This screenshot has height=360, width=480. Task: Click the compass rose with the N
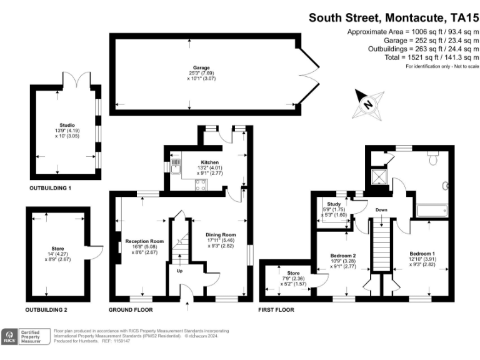click(369, 104)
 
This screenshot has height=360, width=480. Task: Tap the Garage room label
click(201, 67)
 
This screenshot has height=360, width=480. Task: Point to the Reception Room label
click(144, 241)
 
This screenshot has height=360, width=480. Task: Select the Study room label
click(332, 204)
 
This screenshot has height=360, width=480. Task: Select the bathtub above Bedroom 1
click(429, 211)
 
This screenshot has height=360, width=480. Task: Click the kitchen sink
click(176, 166)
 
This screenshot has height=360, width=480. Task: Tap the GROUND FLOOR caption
click(131, 310)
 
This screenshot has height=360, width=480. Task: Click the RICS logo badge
click(10, 336)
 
